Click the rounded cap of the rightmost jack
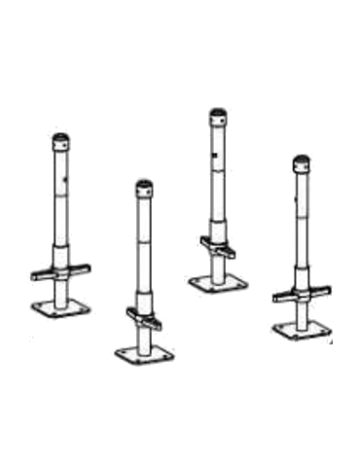coord(303,162)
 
